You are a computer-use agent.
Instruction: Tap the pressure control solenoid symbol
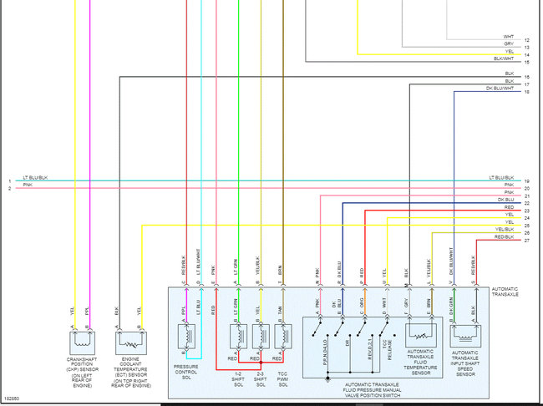point(188,337)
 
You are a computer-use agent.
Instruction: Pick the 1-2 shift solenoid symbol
point(239,336)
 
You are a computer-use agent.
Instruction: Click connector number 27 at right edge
point(527,241)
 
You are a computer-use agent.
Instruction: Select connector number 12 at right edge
point(527,40)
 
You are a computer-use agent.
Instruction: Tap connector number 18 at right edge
point(527,91)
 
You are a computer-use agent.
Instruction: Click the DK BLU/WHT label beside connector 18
point(500,89)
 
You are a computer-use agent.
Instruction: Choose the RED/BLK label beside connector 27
point(504,237)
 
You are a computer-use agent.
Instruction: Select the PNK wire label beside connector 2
point(28,185)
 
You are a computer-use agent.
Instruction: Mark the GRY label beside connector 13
point(509,44)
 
